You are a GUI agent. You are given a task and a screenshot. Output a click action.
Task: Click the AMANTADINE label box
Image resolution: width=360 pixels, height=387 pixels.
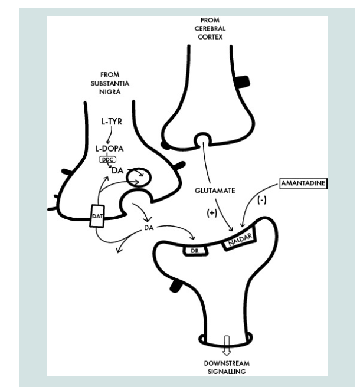[303, 183]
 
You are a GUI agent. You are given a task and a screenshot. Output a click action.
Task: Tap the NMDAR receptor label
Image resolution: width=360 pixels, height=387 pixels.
[240, 239]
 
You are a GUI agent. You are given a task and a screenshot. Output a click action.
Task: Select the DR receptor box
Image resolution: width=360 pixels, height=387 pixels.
[195, 251]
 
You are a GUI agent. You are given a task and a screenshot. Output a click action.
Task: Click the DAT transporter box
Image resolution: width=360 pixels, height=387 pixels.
[97, 216]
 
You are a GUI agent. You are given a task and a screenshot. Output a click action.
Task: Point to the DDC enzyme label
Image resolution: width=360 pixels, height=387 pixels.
[107, 159]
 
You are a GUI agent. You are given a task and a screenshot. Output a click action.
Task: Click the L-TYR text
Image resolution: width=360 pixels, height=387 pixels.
[112, 122]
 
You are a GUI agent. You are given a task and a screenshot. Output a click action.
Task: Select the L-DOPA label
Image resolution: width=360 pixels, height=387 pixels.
[109, 149]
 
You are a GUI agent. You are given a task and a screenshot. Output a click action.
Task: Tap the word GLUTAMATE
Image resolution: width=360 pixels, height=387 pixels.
[215, 191]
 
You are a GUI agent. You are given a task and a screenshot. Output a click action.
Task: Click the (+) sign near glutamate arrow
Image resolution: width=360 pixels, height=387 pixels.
[212, 213]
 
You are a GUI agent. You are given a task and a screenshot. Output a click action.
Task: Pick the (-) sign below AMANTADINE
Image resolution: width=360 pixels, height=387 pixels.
[261, 200]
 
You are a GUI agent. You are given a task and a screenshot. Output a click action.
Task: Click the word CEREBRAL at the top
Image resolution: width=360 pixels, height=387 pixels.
[210, 29]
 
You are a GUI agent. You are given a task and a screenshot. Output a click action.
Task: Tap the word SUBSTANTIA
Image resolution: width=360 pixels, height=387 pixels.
[110, 83]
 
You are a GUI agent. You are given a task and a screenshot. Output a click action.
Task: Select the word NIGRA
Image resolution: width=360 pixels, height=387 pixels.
[110, 92]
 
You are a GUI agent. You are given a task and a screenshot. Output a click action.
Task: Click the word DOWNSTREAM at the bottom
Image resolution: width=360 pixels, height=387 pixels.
[227, 363]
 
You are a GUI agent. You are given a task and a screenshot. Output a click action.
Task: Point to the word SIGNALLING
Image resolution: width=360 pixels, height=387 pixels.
[227, 372]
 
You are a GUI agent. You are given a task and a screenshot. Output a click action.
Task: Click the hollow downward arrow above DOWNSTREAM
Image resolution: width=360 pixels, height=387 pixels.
[227, 345]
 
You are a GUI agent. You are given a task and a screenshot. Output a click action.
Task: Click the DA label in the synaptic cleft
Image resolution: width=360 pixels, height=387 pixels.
[149, 228]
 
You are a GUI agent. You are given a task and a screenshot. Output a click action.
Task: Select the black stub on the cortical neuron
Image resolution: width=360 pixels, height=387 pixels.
[243, 82]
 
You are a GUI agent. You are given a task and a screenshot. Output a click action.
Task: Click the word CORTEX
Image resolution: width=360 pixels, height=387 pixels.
[210, 37]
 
